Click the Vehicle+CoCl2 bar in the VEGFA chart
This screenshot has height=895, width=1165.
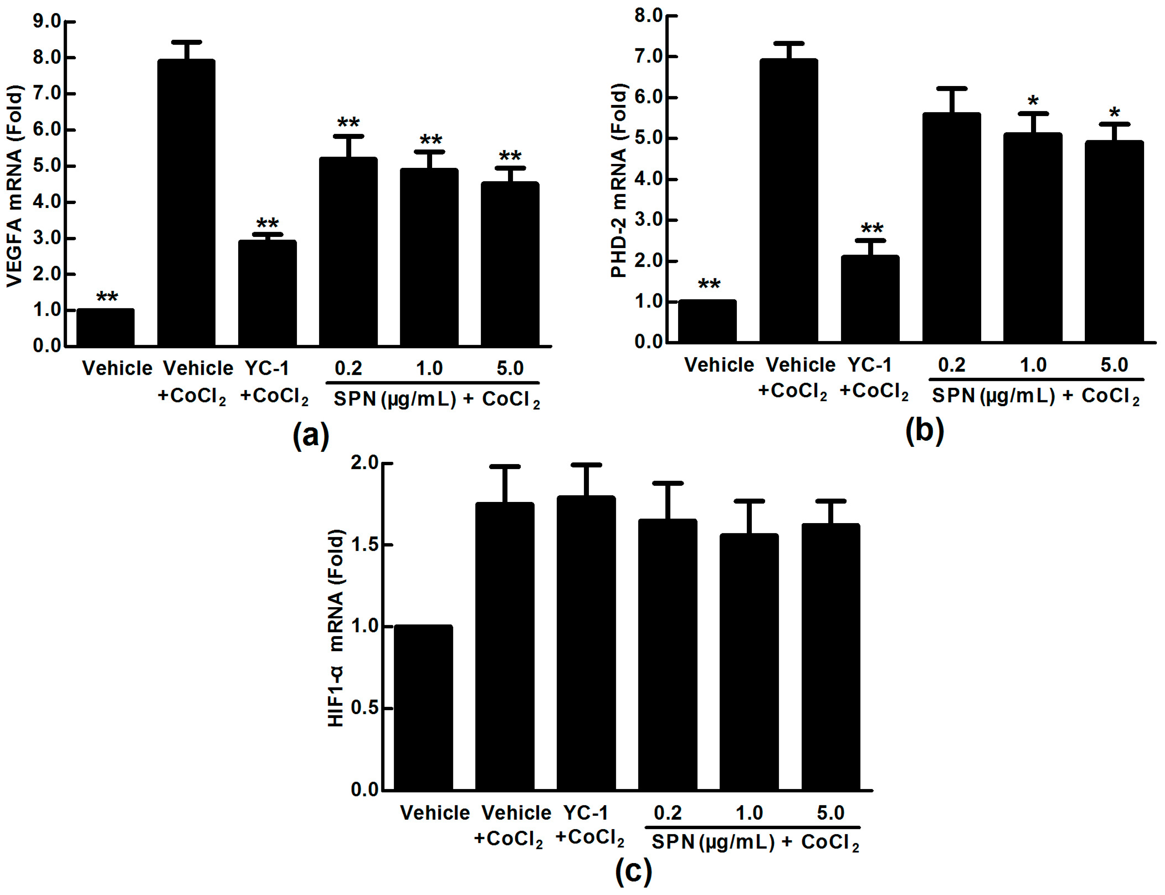pos(186,202)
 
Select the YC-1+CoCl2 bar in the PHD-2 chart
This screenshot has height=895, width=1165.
pos(870,298)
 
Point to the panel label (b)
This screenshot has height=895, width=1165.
pos(924,431)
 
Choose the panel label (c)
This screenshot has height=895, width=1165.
pos(633,871)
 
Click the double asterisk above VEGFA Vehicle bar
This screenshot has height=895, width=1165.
pos(107,296)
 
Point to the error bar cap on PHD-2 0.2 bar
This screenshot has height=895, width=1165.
pos(952,88)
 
